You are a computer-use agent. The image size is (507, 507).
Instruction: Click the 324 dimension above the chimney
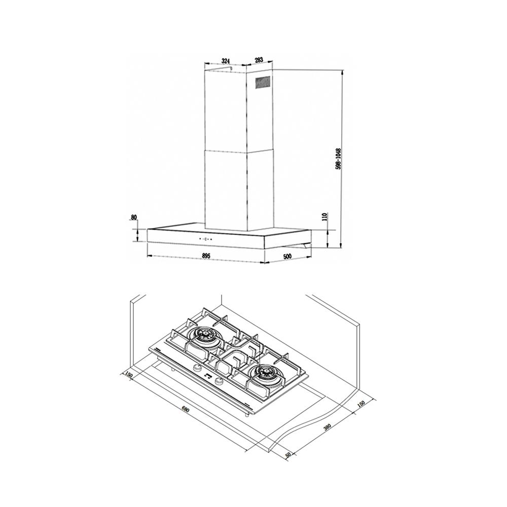coord(226,60)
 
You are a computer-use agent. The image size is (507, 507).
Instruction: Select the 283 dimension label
coord(259,60)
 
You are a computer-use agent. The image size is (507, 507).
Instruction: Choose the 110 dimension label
coord(325,216)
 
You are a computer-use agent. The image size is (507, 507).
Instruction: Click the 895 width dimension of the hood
coord(206,256)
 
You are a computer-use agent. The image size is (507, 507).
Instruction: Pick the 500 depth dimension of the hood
coord(287,257)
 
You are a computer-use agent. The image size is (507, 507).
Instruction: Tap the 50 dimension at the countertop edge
coord(288,455)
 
